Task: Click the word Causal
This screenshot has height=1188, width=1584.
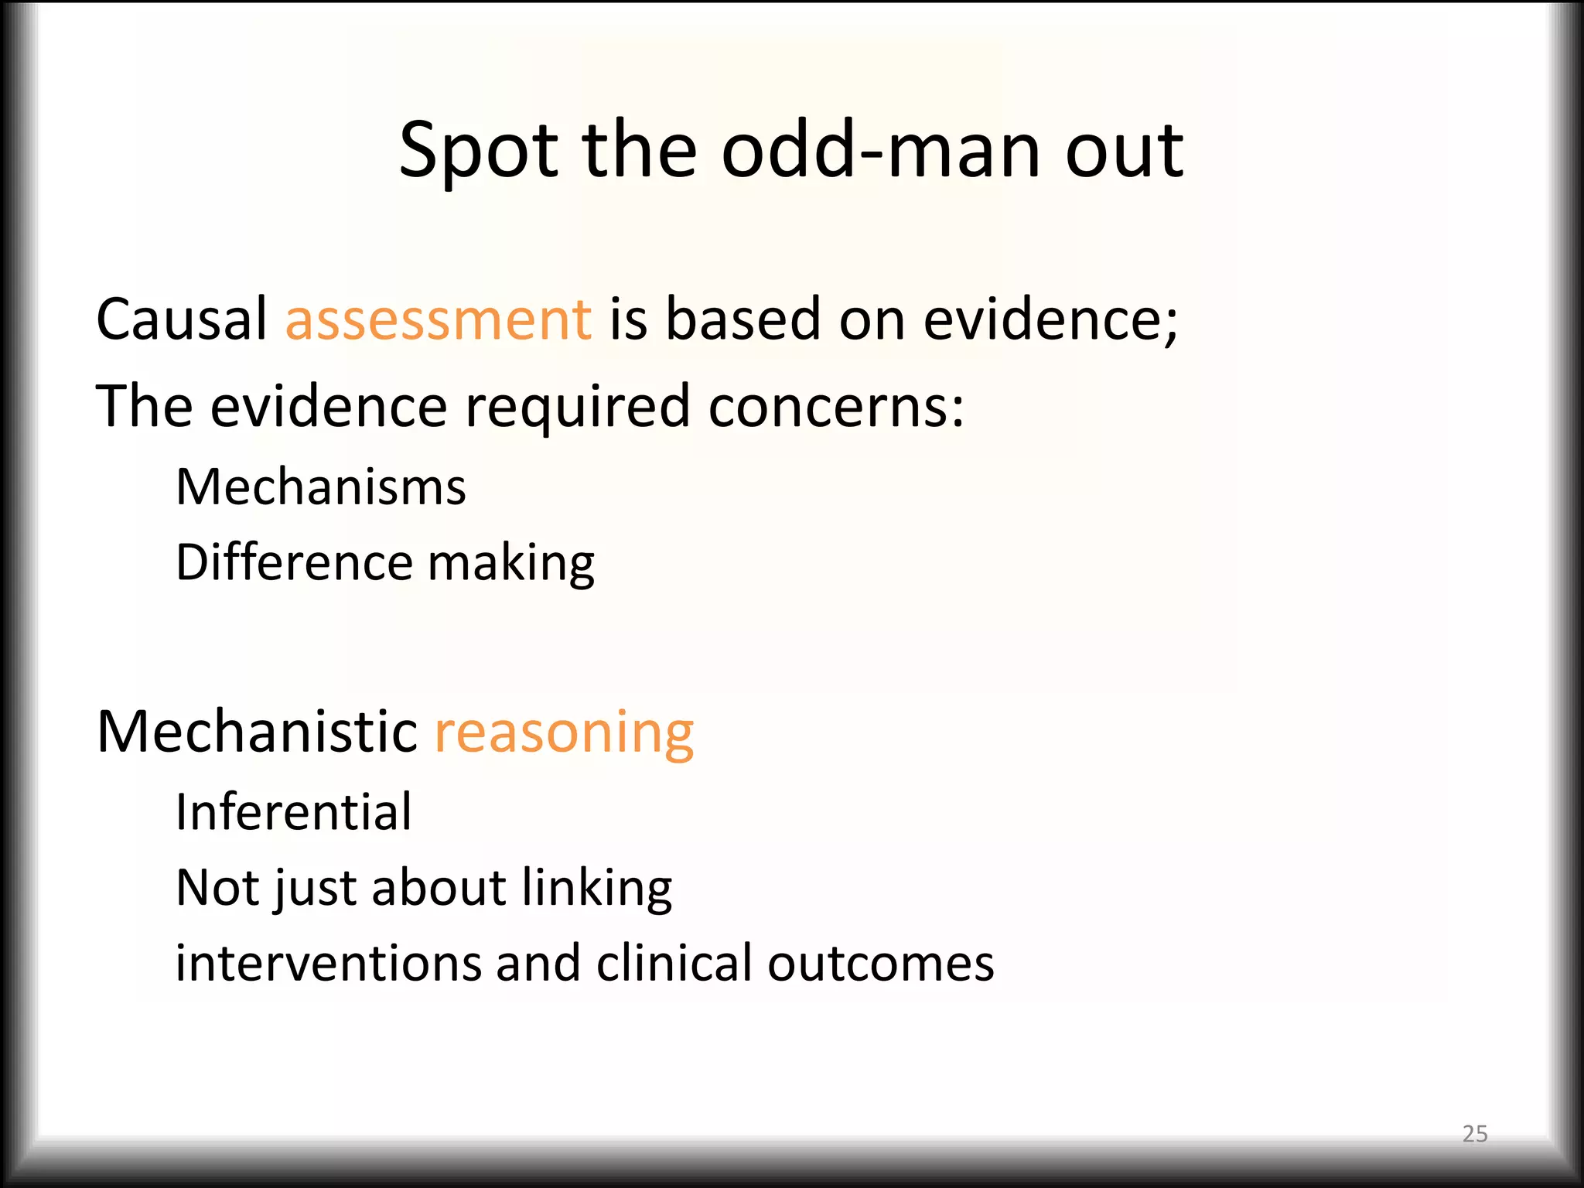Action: coord(182,319)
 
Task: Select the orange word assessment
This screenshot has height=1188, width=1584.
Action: coord(439,320)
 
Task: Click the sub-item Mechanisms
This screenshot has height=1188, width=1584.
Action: coord(321,487)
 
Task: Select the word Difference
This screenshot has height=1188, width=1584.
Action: coord(294,562)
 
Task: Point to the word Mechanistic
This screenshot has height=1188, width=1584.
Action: coord(258,731)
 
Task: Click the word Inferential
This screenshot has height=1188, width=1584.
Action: coord(294,812)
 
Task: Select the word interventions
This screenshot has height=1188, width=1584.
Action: coord(328,964)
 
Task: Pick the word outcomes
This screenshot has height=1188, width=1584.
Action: coord(881,964)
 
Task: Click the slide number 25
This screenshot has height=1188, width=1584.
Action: coord(1475,1134)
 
